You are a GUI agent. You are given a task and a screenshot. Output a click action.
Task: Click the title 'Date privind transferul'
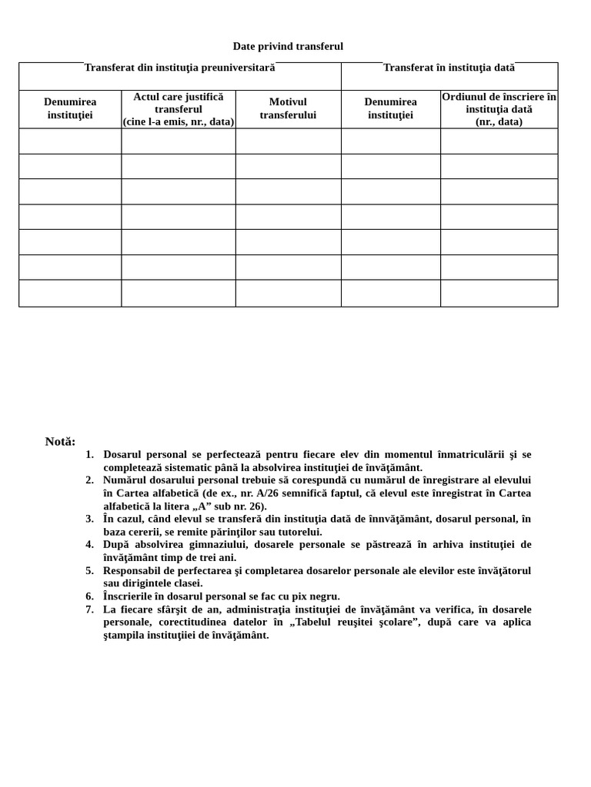point(288,46)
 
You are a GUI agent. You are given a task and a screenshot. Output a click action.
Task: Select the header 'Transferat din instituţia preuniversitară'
point(179,68)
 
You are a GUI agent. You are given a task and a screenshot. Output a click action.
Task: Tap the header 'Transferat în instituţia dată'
point(449,68)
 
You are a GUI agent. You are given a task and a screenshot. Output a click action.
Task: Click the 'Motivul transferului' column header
point(288,108)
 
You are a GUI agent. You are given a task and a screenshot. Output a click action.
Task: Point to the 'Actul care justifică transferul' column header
point(178,108)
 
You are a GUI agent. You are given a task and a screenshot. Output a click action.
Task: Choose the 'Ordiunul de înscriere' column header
point(499,108)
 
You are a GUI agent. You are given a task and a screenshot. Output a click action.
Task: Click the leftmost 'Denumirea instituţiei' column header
point(70,108)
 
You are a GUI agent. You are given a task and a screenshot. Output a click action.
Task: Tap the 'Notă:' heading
point(60,442)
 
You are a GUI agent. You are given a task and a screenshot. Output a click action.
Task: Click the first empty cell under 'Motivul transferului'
point(288,141)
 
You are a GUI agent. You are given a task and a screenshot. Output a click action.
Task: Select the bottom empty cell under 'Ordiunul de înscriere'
point(499,293)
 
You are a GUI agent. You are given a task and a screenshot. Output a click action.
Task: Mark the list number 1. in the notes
point(89,454)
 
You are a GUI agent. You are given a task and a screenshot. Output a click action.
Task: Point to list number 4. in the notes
point(89,545)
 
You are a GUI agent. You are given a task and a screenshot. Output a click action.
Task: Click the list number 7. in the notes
point(89,609)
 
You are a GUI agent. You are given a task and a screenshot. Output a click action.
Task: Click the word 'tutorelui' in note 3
point(299,532)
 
